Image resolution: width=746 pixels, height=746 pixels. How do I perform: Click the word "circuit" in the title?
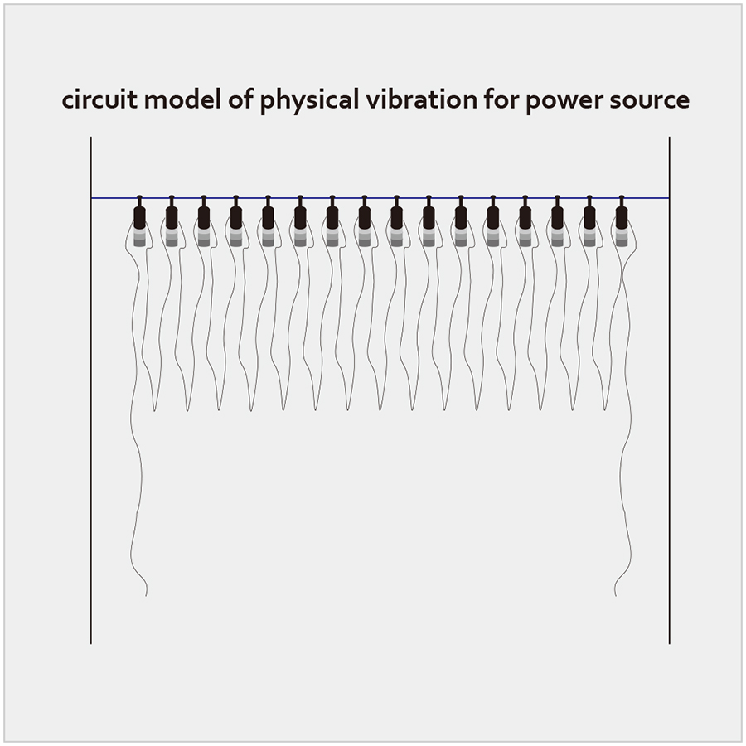(99, 100)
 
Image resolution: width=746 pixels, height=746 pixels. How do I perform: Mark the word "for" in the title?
(501, 100)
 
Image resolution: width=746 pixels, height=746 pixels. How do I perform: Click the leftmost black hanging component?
(139, 213)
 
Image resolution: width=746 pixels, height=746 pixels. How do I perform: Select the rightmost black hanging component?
(622, 213)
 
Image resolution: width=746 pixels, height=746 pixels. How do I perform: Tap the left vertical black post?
(91, 390)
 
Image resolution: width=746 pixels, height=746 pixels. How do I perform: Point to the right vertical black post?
(670, 390)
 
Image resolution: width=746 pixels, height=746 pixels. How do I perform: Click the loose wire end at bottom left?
(146, 595)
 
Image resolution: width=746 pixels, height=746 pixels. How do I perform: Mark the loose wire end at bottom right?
(616, 595)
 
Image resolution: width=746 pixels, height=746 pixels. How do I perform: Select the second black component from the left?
(172, 213)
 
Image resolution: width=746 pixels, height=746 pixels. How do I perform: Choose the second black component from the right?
(589, 213)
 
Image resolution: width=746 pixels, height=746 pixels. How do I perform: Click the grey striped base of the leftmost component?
(139, 238)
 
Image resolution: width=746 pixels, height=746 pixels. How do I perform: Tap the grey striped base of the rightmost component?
(622, 238)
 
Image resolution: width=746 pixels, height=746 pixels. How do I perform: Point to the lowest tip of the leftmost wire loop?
(155, 410)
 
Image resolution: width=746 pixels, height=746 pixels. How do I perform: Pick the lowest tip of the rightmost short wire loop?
(605, 409)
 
